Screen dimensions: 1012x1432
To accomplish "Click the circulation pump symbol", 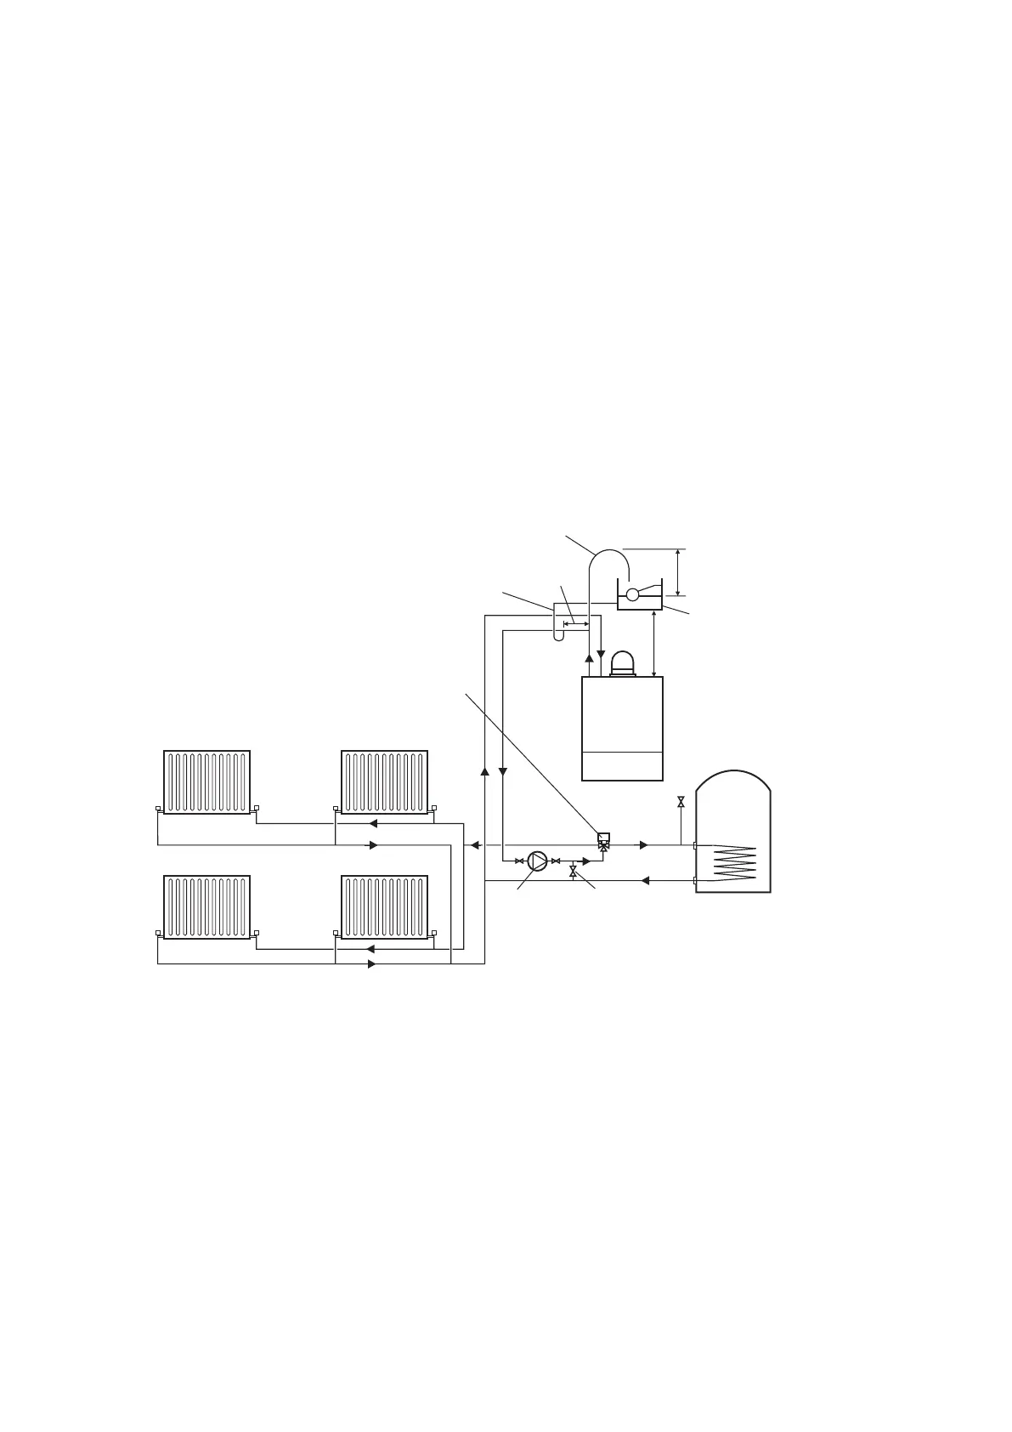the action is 537,861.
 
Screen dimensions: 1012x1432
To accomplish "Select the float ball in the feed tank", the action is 631,594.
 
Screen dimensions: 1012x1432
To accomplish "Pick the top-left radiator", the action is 206,781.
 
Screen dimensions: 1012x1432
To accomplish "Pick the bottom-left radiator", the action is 206,906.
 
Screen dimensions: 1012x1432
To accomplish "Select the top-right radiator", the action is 384,781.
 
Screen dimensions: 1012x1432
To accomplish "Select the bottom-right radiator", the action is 384,906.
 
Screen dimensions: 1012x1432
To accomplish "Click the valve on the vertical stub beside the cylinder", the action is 681,802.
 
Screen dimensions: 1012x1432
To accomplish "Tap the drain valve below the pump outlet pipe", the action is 573,872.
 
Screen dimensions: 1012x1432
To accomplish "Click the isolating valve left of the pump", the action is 519,861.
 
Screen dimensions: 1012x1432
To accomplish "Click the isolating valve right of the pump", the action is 556,861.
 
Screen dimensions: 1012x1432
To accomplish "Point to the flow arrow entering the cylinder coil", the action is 644,844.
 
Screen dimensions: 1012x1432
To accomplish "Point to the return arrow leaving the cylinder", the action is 644,881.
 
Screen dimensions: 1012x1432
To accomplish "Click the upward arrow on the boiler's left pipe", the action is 589,658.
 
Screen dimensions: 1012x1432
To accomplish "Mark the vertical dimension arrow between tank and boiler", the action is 653,644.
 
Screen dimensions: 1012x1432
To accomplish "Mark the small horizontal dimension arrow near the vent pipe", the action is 575,623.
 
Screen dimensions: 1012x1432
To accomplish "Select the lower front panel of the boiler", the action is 622,765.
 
